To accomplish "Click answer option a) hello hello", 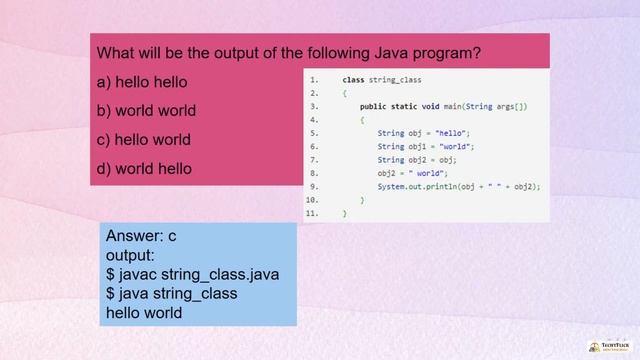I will tap(141, 82).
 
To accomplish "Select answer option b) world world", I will tap(146, 111).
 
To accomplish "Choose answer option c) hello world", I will tap(143, 140).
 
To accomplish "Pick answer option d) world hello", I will tap(143, 169).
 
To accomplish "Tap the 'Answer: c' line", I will tap(141, 236).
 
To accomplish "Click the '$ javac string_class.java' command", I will tap(193, 274).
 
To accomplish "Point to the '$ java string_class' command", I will tap(172, 293).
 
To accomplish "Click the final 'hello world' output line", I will tap(144, 312).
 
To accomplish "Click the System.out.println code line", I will tap(458, 186).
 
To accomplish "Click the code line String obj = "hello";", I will tap(423, 133).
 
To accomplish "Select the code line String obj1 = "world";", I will tap(425, 146).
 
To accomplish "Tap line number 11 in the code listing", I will tap(312, 213).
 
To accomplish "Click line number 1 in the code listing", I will tap(313, 79).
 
